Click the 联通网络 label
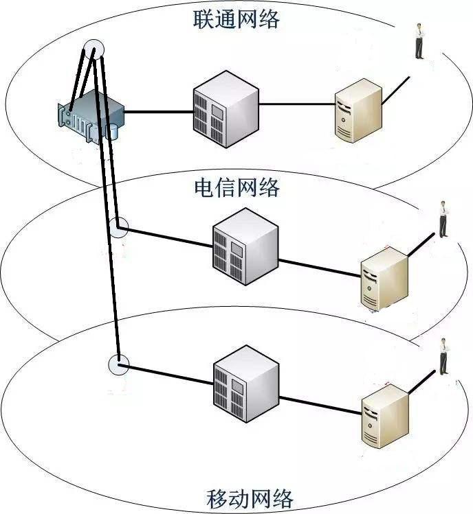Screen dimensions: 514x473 [236, 19]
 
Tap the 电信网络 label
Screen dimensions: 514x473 [237, 187]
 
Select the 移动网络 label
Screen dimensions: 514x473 [250, 496]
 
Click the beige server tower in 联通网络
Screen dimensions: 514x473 [357, 110]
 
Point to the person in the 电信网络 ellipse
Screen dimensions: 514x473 [443, 219]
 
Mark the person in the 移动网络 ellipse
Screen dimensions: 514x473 [444, 357]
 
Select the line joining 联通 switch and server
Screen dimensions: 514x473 [296, 105]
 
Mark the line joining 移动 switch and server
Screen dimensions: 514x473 [320, 405]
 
